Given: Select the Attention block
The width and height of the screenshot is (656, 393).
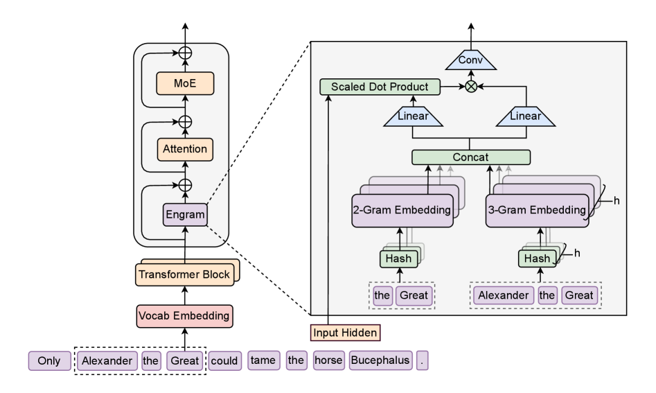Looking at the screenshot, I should [184, 148].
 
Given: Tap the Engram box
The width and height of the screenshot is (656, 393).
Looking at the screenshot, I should [184, 215].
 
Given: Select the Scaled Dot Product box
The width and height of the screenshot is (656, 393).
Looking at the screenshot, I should [380, 87].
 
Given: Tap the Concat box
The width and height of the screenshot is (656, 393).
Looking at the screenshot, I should [470, 157].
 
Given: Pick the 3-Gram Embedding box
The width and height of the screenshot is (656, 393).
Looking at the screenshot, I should [536, 209].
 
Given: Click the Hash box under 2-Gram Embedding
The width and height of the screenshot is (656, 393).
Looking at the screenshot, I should [398, 259].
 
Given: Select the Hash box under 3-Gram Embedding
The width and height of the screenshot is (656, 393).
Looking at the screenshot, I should [535, 259].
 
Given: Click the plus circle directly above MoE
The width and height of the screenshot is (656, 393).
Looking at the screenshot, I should [184, 53].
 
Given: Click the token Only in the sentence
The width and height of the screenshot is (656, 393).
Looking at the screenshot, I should [50, 361].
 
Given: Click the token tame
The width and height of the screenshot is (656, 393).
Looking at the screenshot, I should [263, 361].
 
